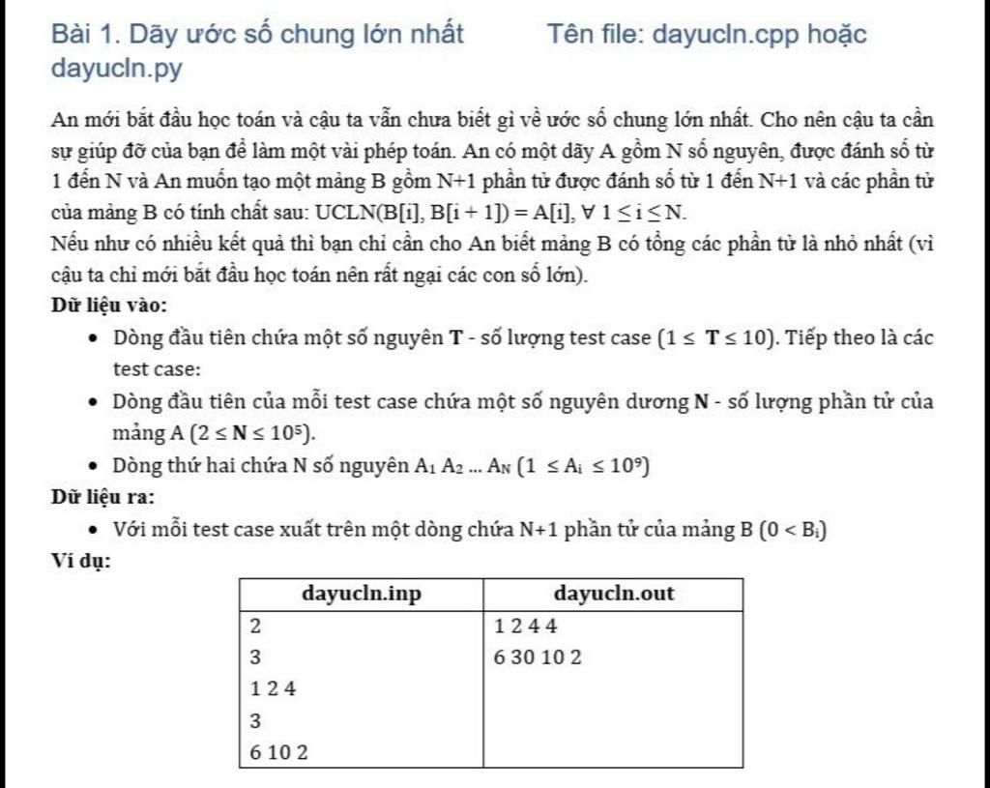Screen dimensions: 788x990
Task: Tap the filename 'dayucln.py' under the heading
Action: [117, 70]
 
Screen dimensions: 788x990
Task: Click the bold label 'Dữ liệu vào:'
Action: [109, 306]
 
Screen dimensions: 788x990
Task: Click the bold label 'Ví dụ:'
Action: [80, 560]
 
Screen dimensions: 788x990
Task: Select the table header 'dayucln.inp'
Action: [362, 594]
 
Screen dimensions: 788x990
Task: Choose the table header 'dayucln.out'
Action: [614, 594]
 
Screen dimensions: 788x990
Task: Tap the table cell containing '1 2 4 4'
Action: [526, 626]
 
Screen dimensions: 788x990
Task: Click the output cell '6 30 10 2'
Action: [538, 657]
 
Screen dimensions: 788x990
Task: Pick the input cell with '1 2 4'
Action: [273, 689]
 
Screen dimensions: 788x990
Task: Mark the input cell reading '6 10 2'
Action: [278, 752]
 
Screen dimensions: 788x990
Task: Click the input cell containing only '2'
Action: [255, 626]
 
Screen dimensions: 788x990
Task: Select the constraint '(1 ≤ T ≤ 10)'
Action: [716, 338]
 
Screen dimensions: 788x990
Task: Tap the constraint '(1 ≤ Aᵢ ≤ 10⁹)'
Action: [583, 466]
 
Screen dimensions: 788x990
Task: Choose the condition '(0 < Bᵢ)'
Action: [794, 529]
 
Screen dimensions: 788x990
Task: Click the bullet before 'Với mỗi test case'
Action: [92, 530]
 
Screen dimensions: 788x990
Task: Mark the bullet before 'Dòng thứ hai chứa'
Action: [92, 466]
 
